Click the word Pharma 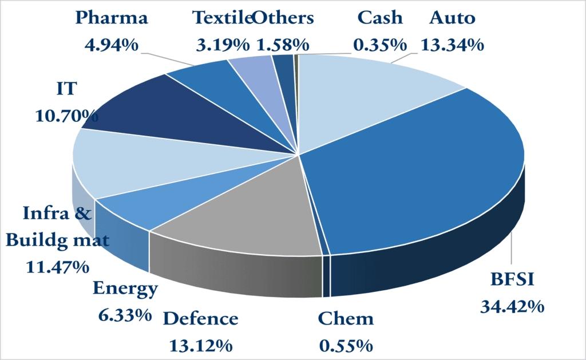[112, 18]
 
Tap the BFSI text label [512, 280]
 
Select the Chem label [345, 318]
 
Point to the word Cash [380, 18]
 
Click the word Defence [200, 318]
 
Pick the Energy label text [125, 289]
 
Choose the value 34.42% [512, 307]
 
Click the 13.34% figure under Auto [452, 44]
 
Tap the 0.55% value [345, 345]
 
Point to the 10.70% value [64, 115]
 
